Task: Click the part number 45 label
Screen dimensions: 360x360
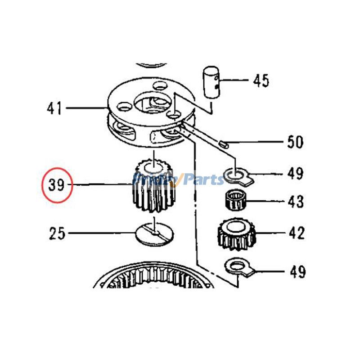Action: (x=261, y=81)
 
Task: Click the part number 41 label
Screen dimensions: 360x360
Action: (x=54, y=108)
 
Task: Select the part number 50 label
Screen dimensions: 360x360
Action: (x=295, y=142)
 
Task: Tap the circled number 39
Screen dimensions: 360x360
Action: (x=57, y=185)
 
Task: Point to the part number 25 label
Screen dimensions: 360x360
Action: (x=57, y=234)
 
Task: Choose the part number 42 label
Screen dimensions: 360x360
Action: (x=296, y=233)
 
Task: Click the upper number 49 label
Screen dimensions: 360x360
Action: (x=296, y=173)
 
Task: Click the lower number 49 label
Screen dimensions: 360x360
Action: (x=296, y=271)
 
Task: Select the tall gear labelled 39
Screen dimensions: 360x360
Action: (x=153, y=187)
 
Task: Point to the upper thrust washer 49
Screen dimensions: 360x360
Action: (x=236, y=175)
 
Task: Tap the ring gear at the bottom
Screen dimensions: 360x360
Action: (x=153, y=277)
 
